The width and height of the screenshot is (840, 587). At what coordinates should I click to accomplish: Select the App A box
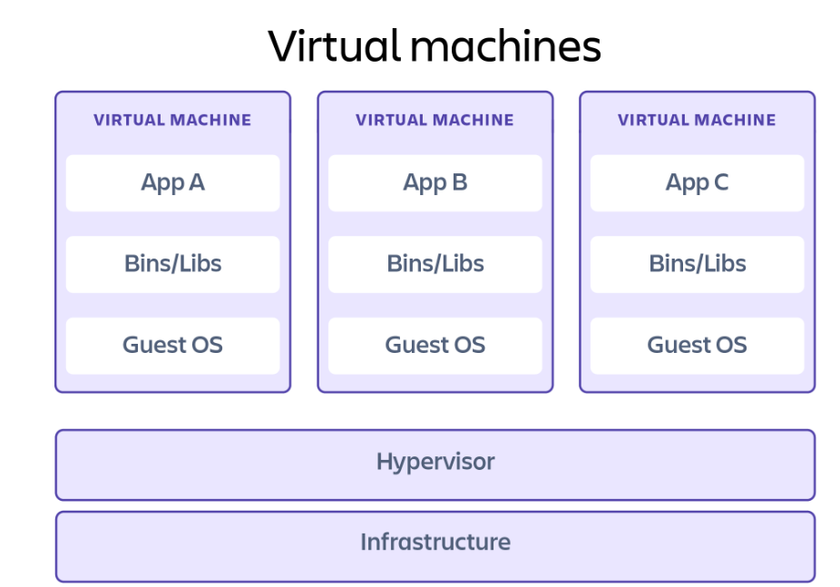click(172, 182)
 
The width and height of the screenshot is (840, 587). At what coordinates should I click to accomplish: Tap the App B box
click(435, 182)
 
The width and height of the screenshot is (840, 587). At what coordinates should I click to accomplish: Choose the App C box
click(697, 182)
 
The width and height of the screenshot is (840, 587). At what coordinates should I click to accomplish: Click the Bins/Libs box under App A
click(172, 264)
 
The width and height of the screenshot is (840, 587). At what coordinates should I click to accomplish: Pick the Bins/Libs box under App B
click(435, 264)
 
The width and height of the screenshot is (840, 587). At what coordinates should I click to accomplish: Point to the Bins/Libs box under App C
click(697, 264)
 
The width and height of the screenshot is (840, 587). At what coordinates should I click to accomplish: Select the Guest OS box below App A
click(172, 345)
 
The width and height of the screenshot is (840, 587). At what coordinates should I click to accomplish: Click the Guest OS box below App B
click(435, 345)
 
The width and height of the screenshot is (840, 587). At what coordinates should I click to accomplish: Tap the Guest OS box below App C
click(697, 345)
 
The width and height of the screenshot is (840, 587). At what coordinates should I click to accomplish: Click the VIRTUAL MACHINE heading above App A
click(172, 120)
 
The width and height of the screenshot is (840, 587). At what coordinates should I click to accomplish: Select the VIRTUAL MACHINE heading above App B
click(435, 120)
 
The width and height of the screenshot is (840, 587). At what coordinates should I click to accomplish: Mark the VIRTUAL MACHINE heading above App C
click(697, 120)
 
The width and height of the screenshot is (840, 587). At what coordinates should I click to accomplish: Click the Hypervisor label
click(435, 462)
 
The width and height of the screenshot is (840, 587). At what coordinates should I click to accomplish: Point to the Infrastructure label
click(435, 543)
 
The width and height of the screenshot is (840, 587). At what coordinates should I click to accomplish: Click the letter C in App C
click(720, 182)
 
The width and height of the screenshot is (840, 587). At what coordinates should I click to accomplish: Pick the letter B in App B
click(459, 182)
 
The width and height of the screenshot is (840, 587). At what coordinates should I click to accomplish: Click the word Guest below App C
click(676, 345)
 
